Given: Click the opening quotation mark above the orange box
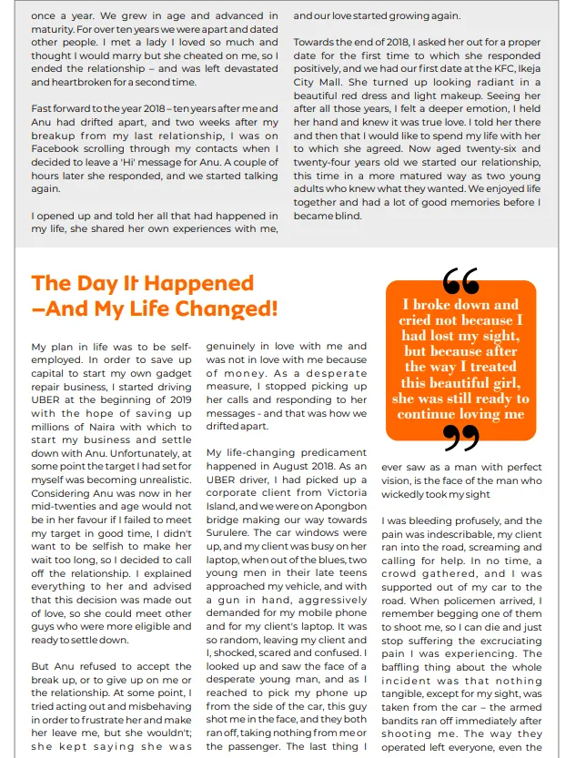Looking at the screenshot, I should [x=460, y=278].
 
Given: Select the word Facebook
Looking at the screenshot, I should [x=61, y=147].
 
